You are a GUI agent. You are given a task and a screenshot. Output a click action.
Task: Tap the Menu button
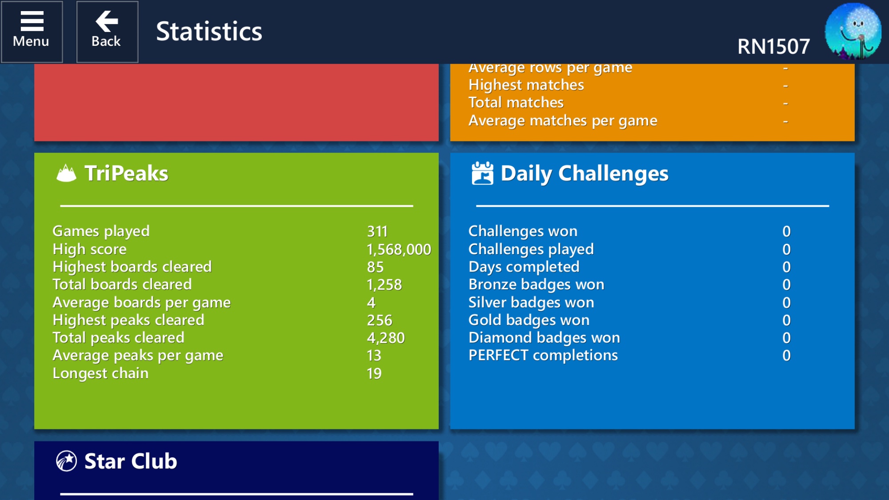32,32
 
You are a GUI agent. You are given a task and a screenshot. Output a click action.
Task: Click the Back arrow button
107,32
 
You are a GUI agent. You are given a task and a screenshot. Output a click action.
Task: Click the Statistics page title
209,32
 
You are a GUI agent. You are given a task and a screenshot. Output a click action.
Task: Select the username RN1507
773,47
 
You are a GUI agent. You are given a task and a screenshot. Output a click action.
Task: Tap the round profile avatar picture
853,31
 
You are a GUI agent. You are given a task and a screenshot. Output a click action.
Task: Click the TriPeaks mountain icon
67,173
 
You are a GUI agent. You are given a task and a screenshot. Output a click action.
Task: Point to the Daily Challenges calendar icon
482,173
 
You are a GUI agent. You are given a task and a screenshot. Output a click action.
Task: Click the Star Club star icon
67,461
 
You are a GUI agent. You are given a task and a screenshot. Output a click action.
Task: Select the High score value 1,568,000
399,249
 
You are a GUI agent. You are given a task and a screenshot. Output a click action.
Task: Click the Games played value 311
377,232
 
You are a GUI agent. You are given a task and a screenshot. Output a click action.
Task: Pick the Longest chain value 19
374,374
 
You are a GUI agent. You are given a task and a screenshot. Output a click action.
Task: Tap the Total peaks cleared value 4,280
386,338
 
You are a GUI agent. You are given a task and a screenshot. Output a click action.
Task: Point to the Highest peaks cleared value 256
380,320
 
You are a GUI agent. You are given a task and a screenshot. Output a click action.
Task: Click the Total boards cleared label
122,284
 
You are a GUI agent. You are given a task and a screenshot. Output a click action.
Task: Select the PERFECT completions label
543,356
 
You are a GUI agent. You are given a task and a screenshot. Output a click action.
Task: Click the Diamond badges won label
544,338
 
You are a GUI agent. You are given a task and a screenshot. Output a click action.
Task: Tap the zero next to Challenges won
786,232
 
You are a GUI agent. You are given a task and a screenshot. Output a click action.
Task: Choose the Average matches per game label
563,121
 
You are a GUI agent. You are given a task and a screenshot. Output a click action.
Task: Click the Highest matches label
526,85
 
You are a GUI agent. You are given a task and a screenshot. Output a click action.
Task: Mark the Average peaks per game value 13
374,356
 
